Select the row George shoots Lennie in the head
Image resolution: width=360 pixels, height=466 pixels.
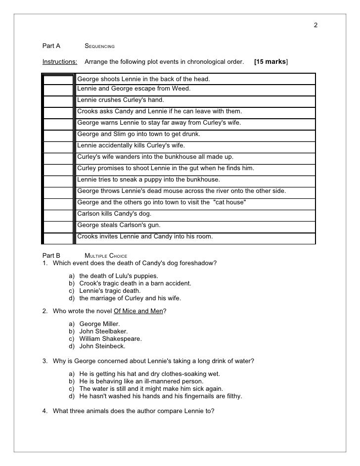143,79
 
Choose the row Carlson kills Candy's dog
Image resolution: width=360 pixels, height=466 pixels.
114,214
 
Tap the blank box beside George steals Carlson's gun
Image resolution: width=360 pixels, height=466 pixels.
59,226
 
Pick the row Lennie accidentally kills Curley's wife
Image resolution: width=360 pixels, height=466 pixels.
131,146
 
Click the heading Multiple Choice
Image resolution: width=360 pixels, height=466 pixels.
106,255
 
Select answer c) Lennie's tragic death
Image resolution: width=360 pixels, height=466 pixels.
110,291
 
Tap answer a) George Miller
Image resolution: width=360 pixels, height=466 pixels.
99,324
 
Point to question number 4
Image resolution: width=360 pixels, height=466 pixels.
45,410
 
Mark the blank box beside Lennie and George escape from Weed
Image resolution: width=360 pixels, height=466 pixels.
59,90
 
